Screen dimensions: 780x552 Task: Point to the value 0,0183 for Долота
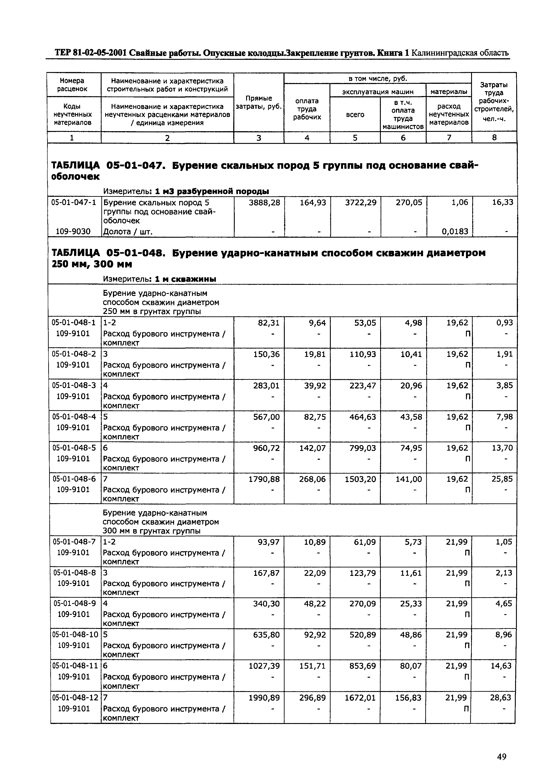point(455,231)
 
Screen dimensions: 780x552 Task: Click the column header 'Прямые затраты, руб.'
point(259,102)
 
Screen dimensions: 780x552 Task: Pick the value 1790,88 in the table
point(264,479)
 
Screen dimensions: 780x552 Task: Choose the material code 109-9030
point(73,231)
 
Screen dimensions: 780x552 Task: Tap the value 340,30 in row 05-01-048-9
point(267,604)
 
